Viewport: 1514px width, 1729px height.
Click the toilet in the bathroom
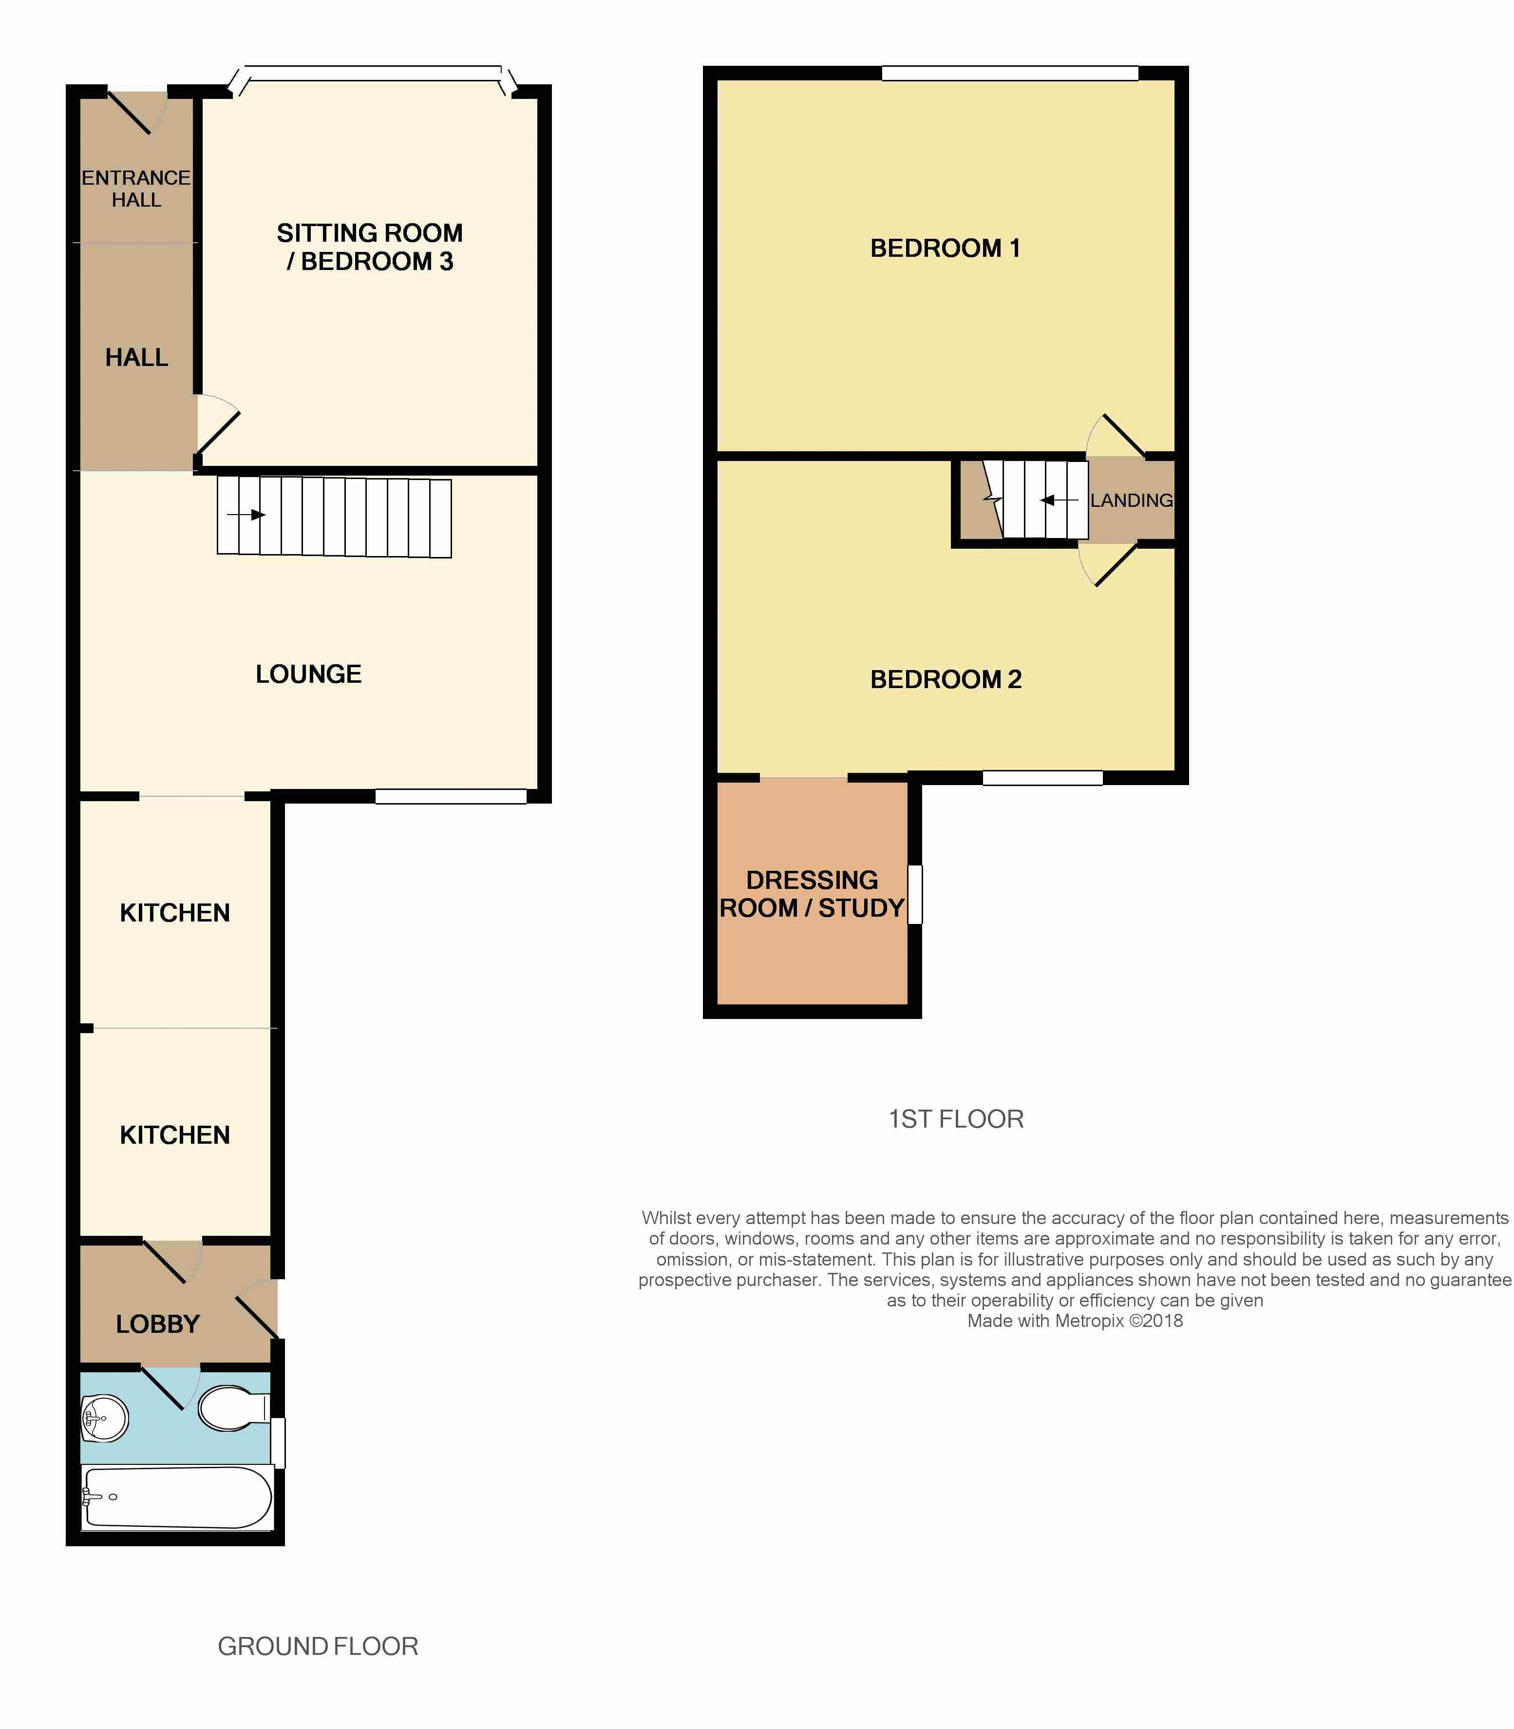tap(233, 1408)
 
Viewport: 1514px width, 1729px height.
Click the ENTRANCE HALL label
tap(136, 189)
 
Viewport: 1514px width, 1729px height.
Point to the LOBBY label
tap(158, 1324)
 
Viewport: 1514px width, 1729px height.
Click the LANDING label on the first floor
tap(1131, 500)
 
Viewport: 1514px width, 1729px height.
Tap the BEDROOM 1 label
tap(946, 248)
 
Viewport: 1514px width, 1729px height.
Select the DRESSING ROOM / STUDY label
tap(812, 894)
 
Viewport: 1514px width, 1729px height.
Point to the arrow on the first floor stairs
tap(1059, 500)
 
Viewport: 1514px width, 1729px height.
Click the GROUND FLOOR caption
tap(318, 1646)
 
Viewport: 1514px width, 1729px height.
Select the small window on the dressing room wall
tap(915, 894)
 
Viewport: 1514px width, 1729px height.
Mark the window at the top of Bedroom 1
tap(1010, 74)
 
